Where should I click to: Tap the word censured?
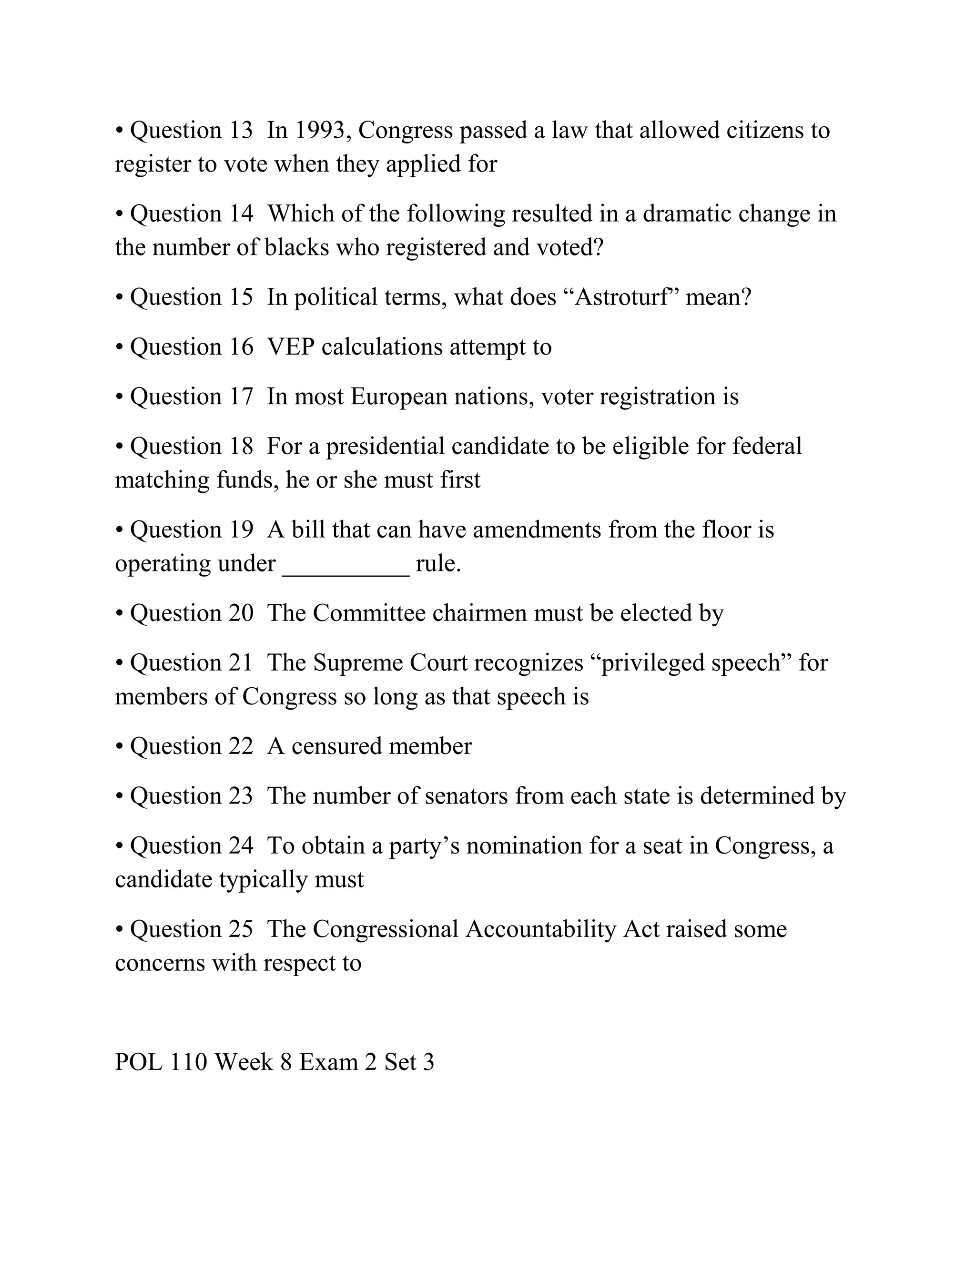(x=336, y=746)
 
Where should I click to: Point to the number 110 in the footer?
(x=188, y=1062)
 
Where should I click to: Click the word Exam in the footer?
(x=328, y=1062)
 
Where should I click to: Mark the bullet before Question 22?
(x=120, y=746)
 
